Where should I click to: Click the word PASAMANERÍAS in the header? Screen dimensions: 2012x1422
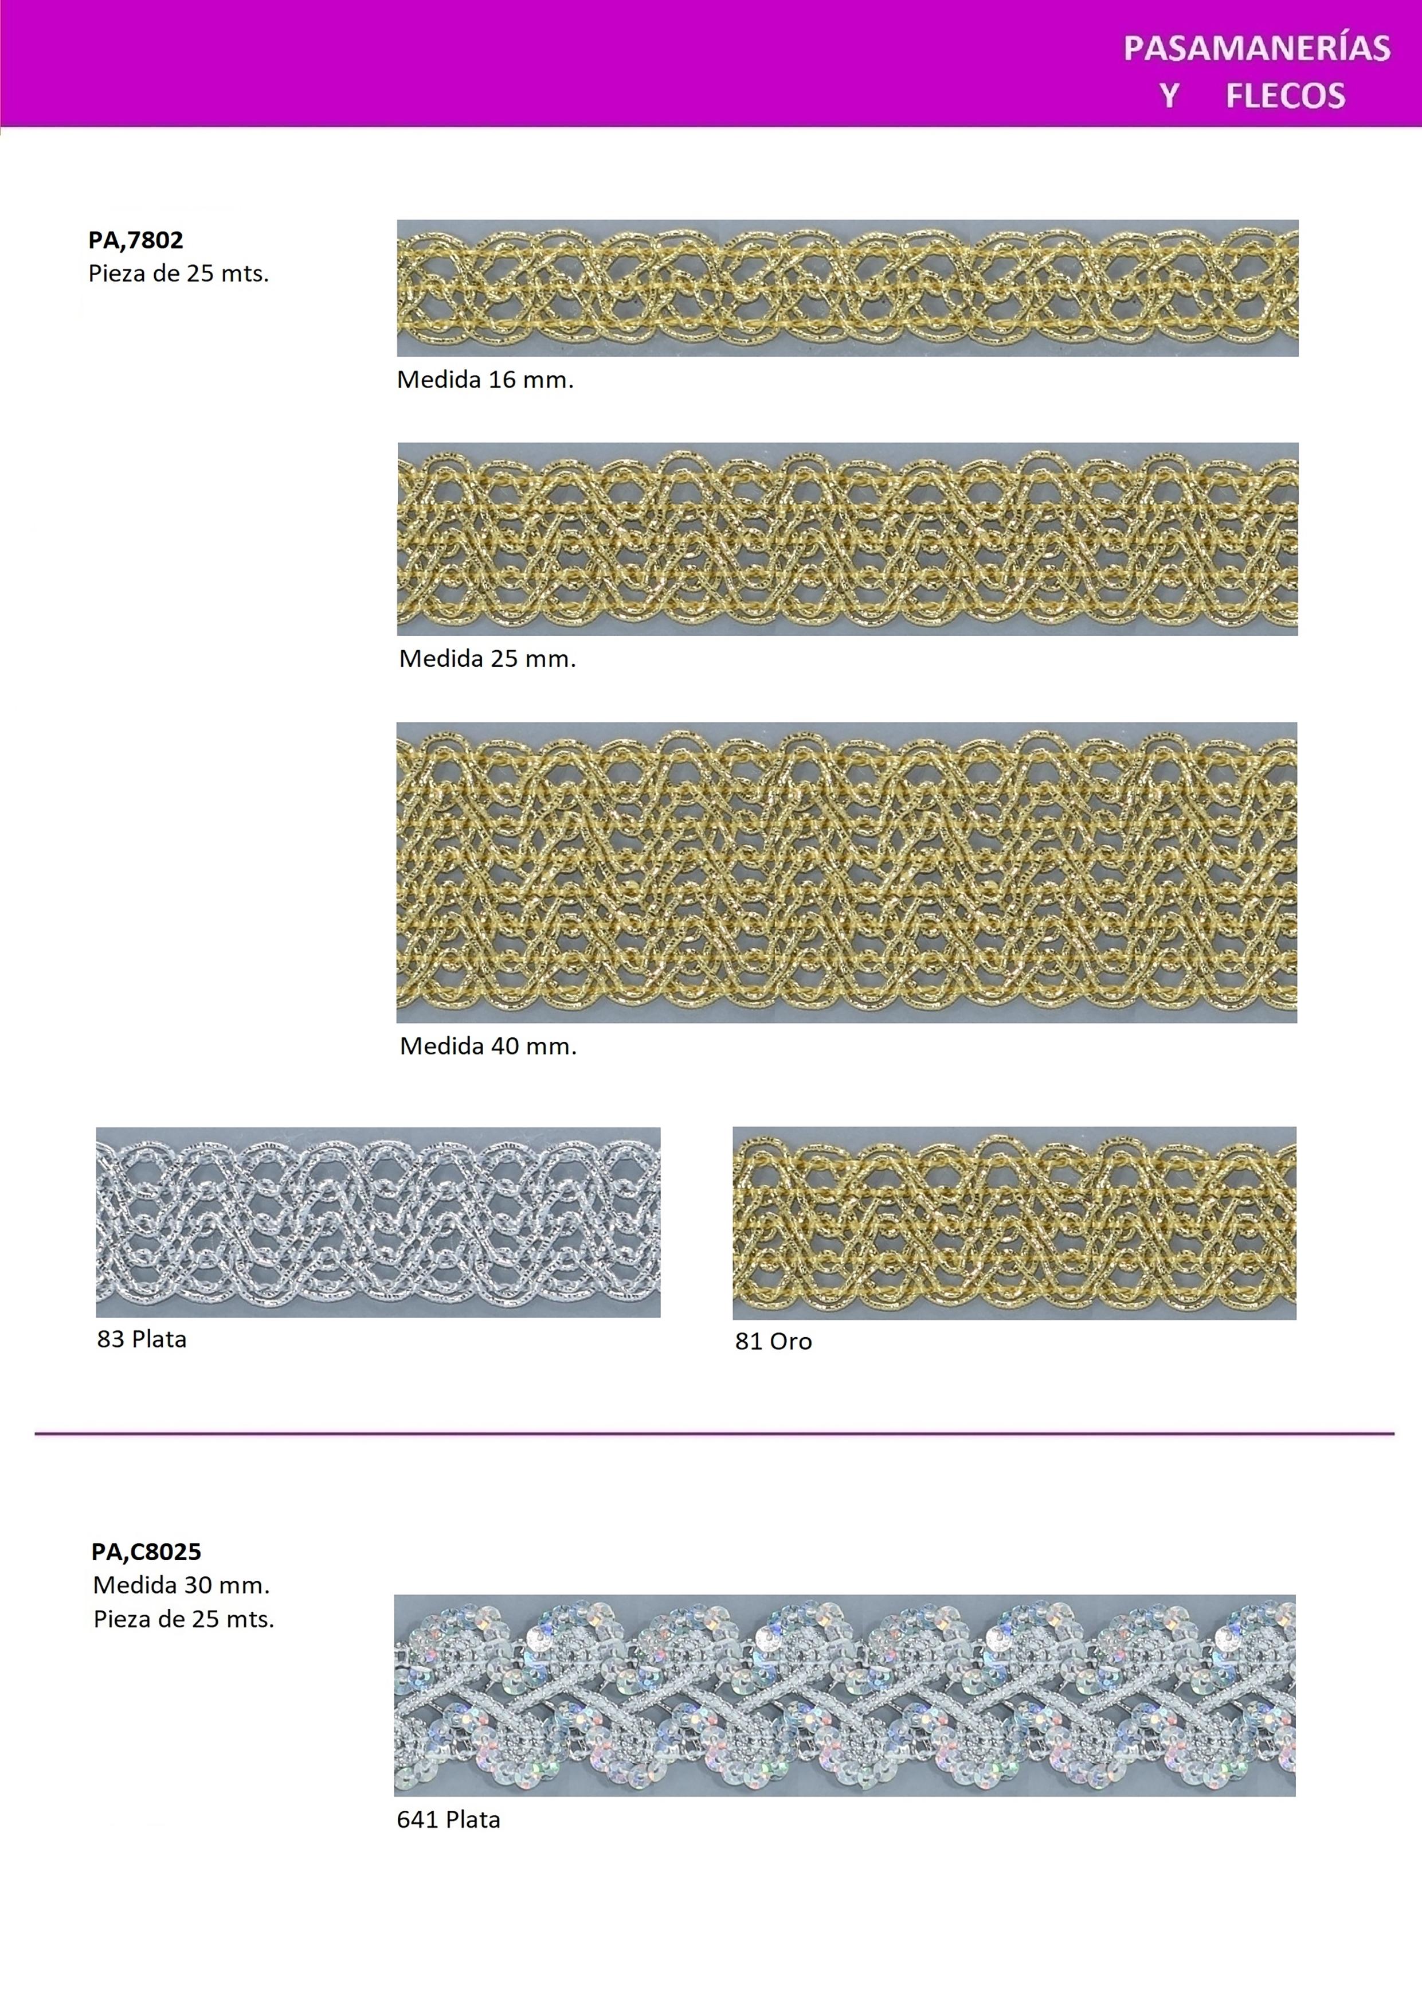[x=1256, y=48]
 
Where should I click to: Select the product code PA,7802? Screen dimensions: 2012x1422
[x=136, y=240]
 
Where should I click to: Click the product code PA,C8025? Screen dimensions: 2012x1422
[x=146, y=1552]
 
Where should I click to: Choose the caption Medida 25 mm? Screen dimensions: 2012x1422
[x=487, y=659]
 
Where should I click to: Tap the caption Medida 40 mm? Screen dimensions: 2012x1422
[x=488, y=1046]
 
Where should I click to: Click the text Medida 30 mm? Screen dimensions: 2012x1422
[x=181, y=1585]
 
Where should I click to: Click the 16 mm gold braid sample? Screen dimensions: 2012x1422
[x=847, y=288]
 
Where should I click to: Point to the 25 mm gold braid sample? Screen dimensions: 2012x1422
[x=847, y=539]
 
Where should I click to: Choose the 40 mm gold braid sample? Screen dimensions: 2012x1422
[x=847, y=873]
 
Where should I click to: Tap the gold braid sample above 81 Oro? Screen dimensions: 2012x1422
[x=1014, y=1224]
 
